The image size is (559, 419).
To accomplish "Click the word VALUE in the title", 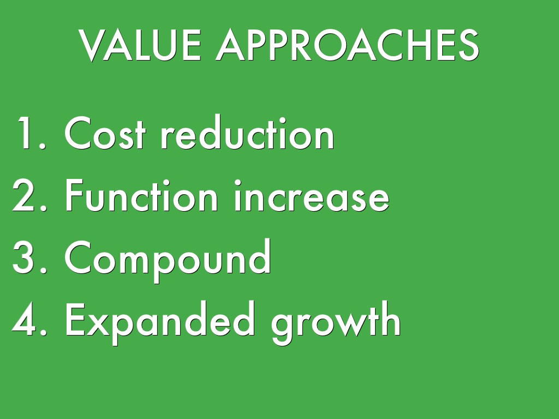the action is (x=140, y=45).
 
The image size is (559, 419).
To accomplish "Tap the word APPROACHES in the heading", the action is (x=348, y=45).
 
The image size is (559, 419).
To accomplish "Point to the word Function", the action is (x=141, y=196).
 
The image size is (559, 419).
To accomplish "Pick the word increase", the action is (x=312, y=196).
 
